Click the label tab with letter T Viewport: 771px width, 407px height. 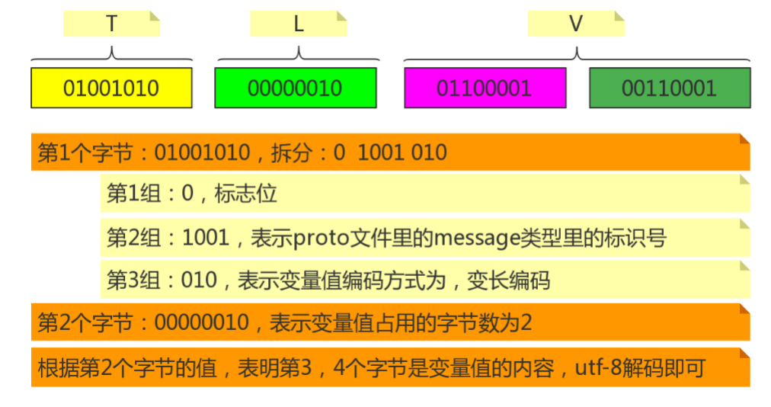(111, 24)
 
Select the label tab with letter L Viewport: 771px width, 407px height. (299, 24)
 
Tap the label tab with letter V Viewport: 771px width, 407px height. (576, 24)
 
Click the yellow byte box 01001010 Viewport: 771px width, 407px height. (111, 88)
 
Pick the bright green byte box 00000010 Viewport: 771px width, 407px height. (296, 88)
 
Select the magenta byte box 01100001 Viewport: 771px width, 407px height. (485, 88)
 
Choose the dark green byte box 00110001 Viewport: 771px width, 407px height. (670, 88)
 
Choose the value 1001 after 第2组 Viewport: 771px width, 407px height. (206, 239)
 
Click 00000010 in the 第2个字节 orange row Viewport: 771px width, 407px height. (201, 323)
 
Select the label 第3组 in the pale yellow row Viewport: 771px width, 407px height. (134, 280)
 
